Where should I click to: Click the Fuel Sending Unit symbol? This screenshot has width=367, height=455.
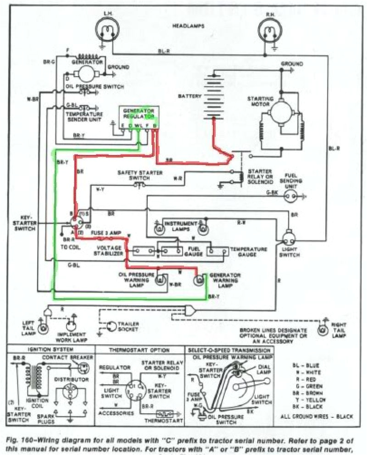coord(290,196)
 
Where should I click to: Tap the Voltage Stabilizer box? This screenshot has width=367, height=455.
coord(144,251)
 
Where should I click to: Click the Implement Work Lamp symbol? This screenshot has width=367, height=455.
coord(70,326)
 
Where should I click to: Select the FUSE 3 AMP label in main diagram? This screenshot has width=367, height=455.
coord(107,233)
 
